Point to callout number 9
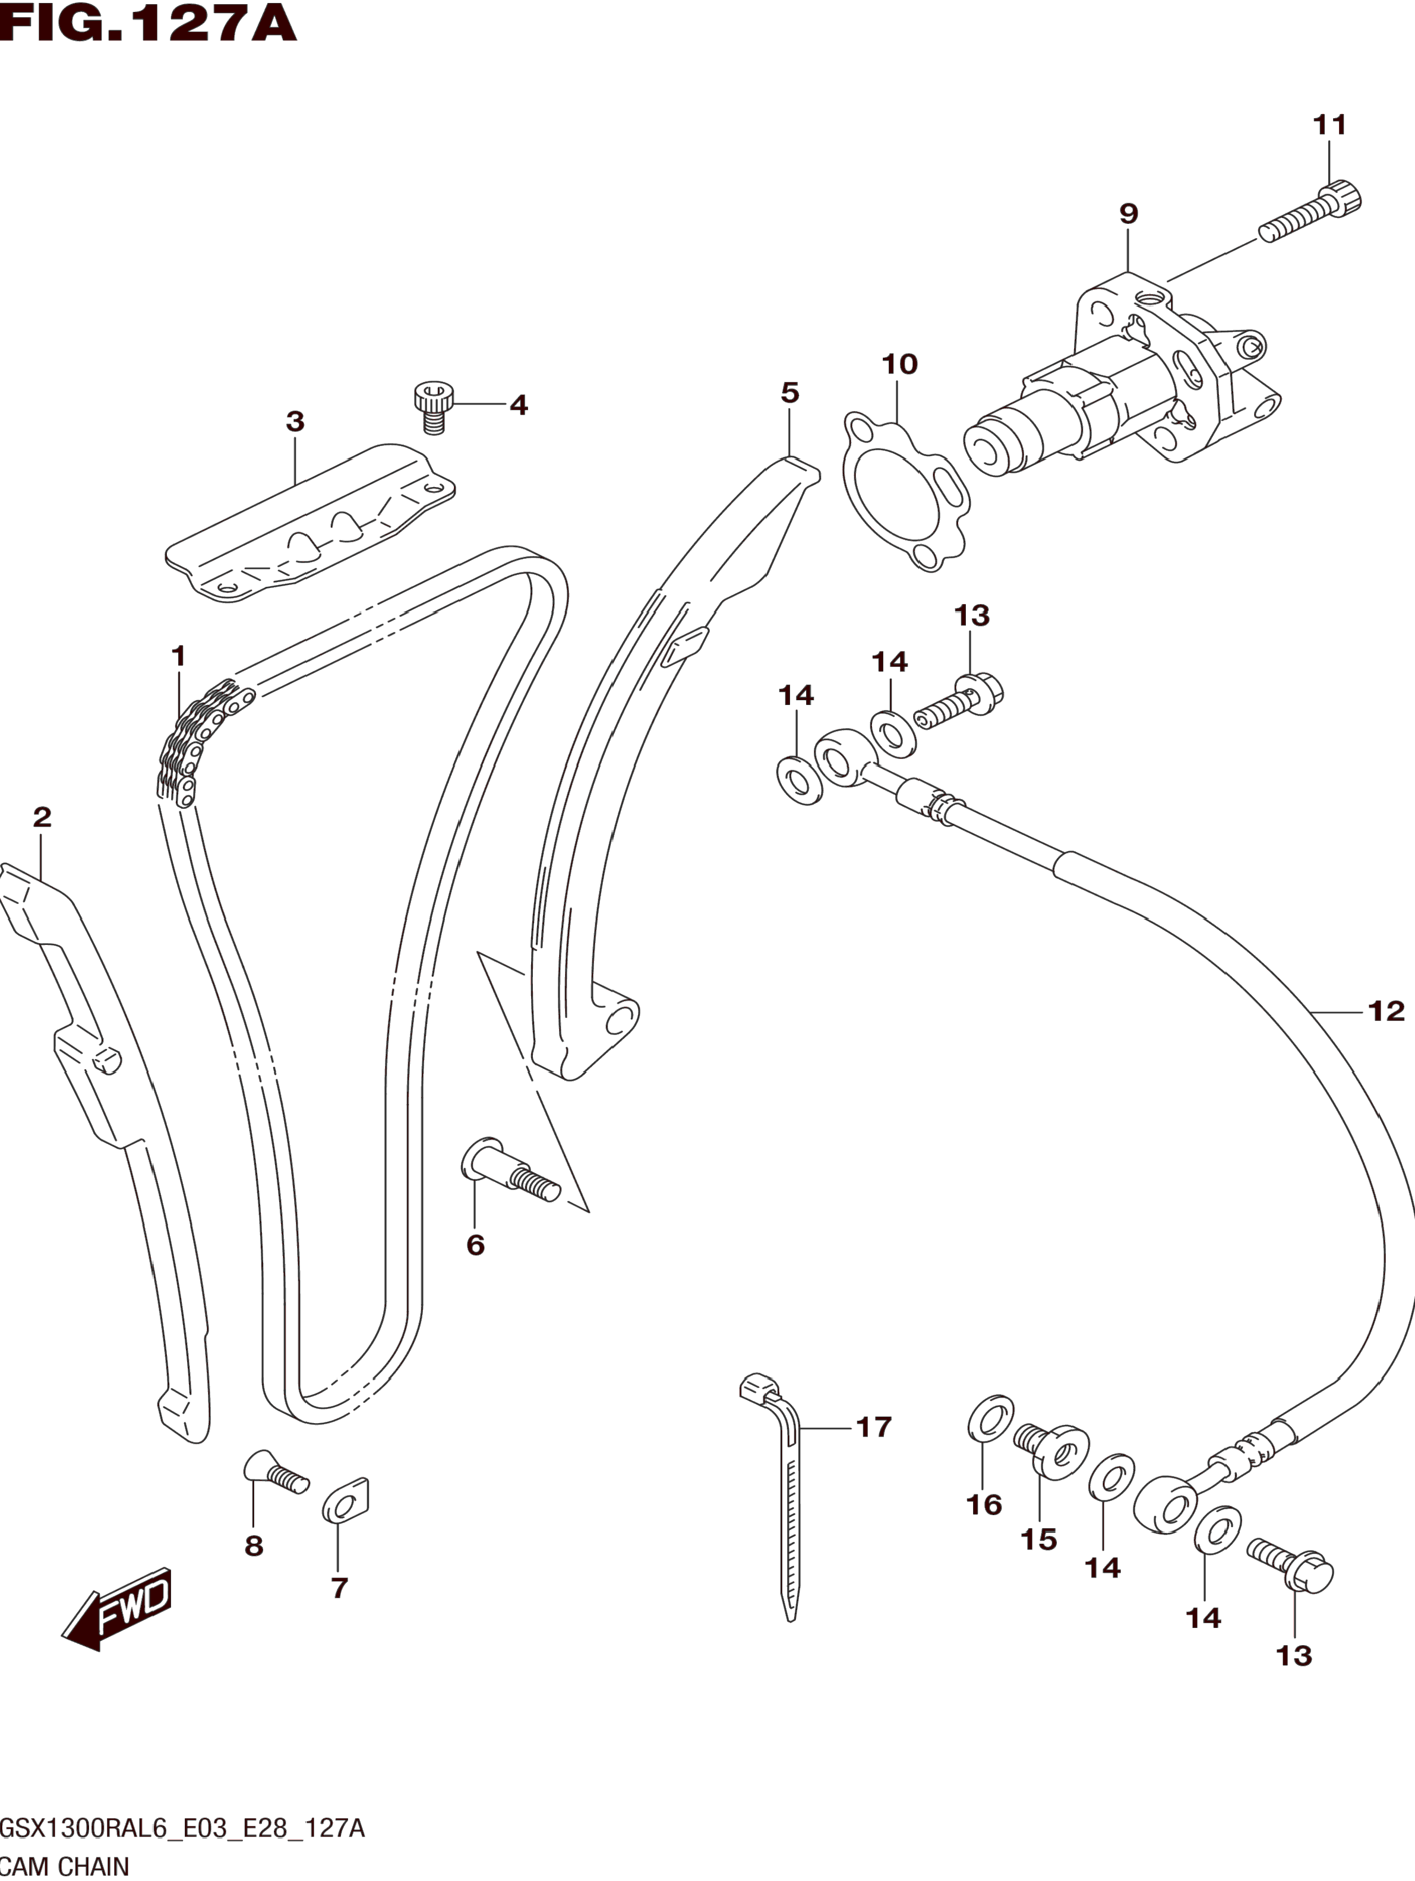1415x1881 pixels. click(x=1129, y=213)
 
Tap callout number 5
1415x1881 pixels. click(x=790, y=393)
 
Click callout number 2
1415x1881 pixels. click(x=42, y=817)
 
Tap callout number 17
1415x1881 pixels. click(x=873, y=1427)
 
